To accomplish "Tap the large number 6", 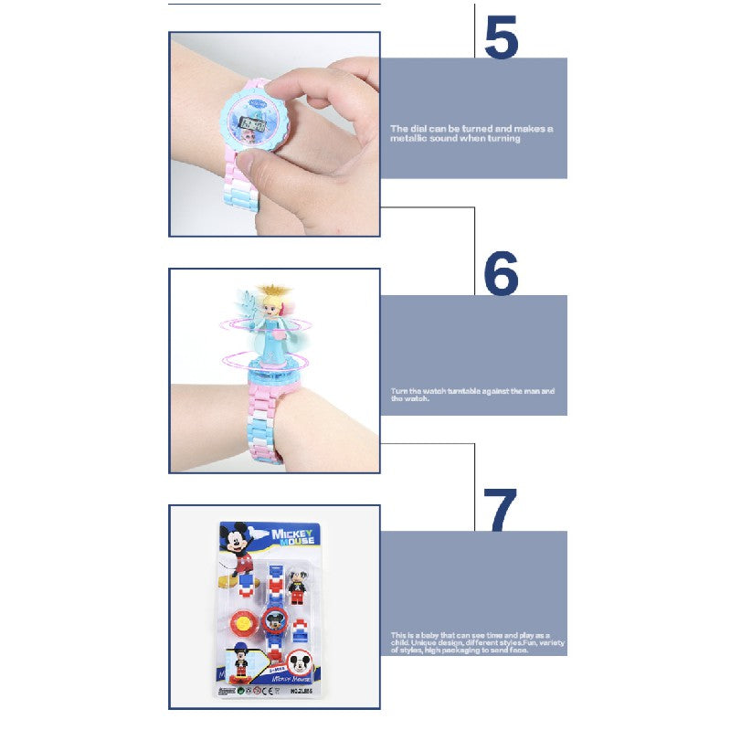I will pyautogui.click(x=502, y=271).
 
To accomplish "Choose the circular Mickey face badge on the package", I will pyautogui.click(x=300, y=663).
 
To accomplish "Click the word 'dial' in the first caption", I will pyautogui.click(x=409, y=129).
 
